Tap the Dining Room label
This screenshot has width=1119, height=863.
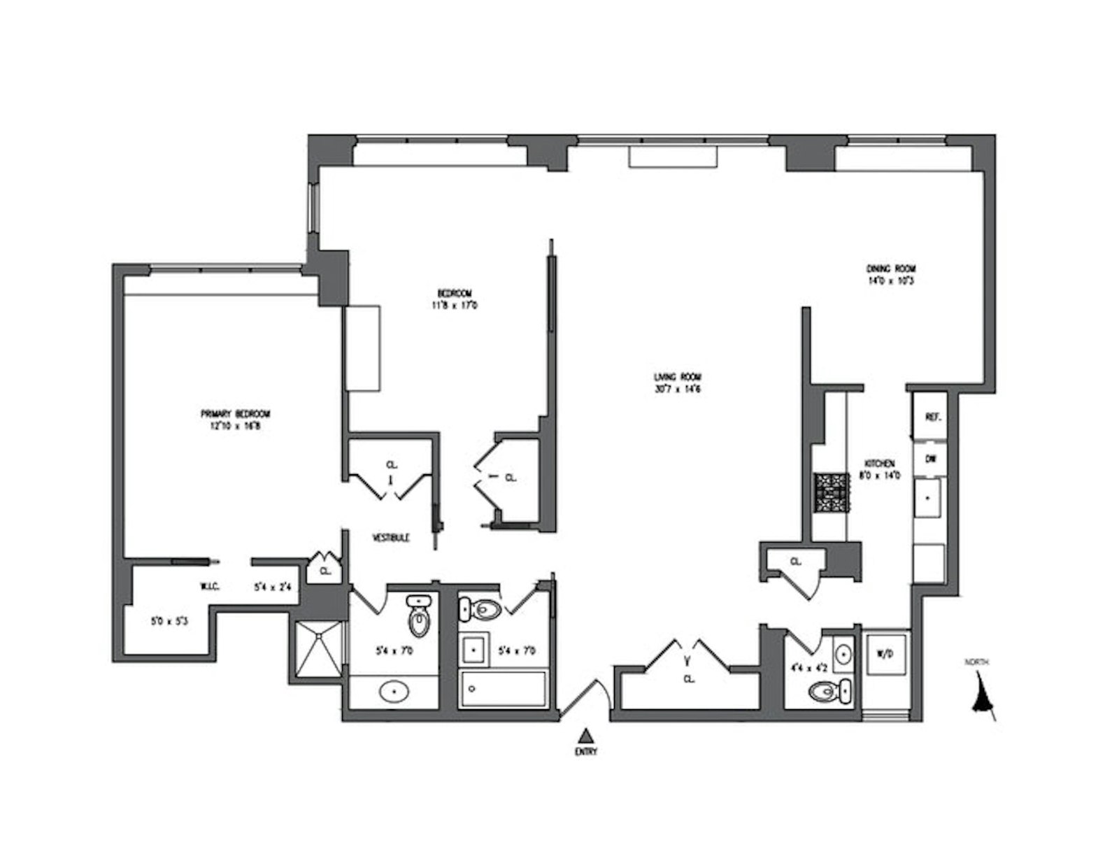[891, 269]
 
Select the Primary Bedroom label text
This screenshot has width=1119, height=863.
[235, 414]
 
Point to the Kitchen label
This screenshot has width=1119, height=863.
[880, 464]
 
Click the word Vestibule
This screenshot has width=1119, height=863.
[390, 538]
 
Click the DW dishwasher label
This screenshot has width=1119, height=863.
[930, 459]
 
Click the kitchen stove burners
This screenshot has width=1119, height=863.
[830, 494]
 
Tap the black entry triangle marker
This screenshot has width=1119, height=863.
[587, 735]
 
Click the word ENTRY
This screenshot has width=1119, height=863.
[587, 753]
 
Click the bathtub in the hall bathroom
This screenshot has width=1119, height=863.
[503, 688]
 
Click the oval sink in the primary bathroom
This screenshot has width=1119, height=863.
[394, 692]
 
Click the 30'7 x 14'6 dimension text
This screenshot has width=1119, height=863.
[673, 389]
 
